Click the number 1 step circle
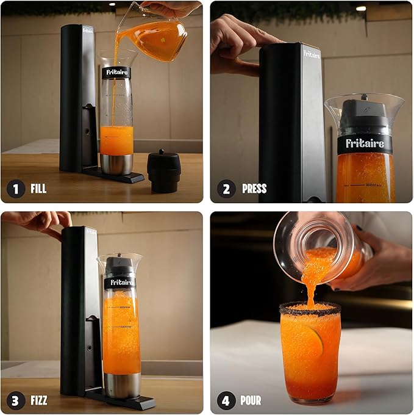tap(16, 189)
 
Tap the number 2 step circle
tap(226, 189)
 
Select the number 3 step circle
tap(16, 400)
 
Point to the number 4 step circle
tap(226, 400)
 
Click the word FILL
tap(38, 189)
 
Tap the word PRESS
tap(254, 189)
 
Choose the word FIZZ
tap(38, 400)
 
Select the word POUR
tap(251, 400)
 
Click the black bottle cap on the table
tap(163, 170)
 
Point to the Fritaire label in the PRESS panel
tap(365, 144)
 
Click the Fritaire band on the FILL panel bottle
tap(116, 72)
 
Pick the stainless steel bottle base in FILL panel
tap(116, 164)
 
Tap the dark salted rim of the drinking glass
tap(310, 309)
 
